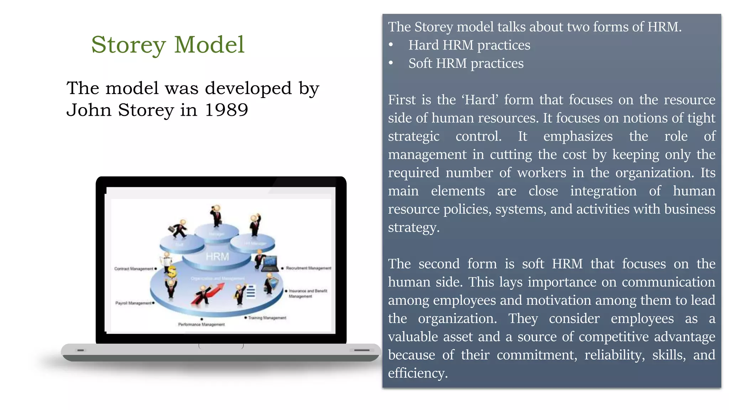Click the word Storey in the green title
click(x=129, y=45)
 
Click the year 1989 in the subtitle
click(x=226, y=110)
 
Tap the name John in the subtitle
click(x=89, y=110)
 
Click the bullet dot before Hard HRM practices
click(x=391, y=45)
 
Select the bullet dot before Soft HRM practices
click(x=391, y=63)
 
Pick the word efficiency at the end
click(x=418, y=373)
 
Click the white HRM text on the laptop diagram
click(x=217, y=257)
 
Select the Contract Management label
click(x=133, y=269)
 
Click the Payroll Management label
click(x=133, y=303)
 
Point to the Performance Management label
click(x=201, y=325)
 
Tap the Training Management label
click(x=267, y=318)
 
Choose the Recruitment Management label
click(x=308, y=268)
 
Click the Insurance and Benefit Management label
click(x=308, y=293)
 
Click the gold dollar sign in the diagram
click(x=172, y=272)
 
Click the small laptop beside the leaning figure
click(x=269, y=264)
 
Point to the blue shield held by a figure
click(x=274, y=284)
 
